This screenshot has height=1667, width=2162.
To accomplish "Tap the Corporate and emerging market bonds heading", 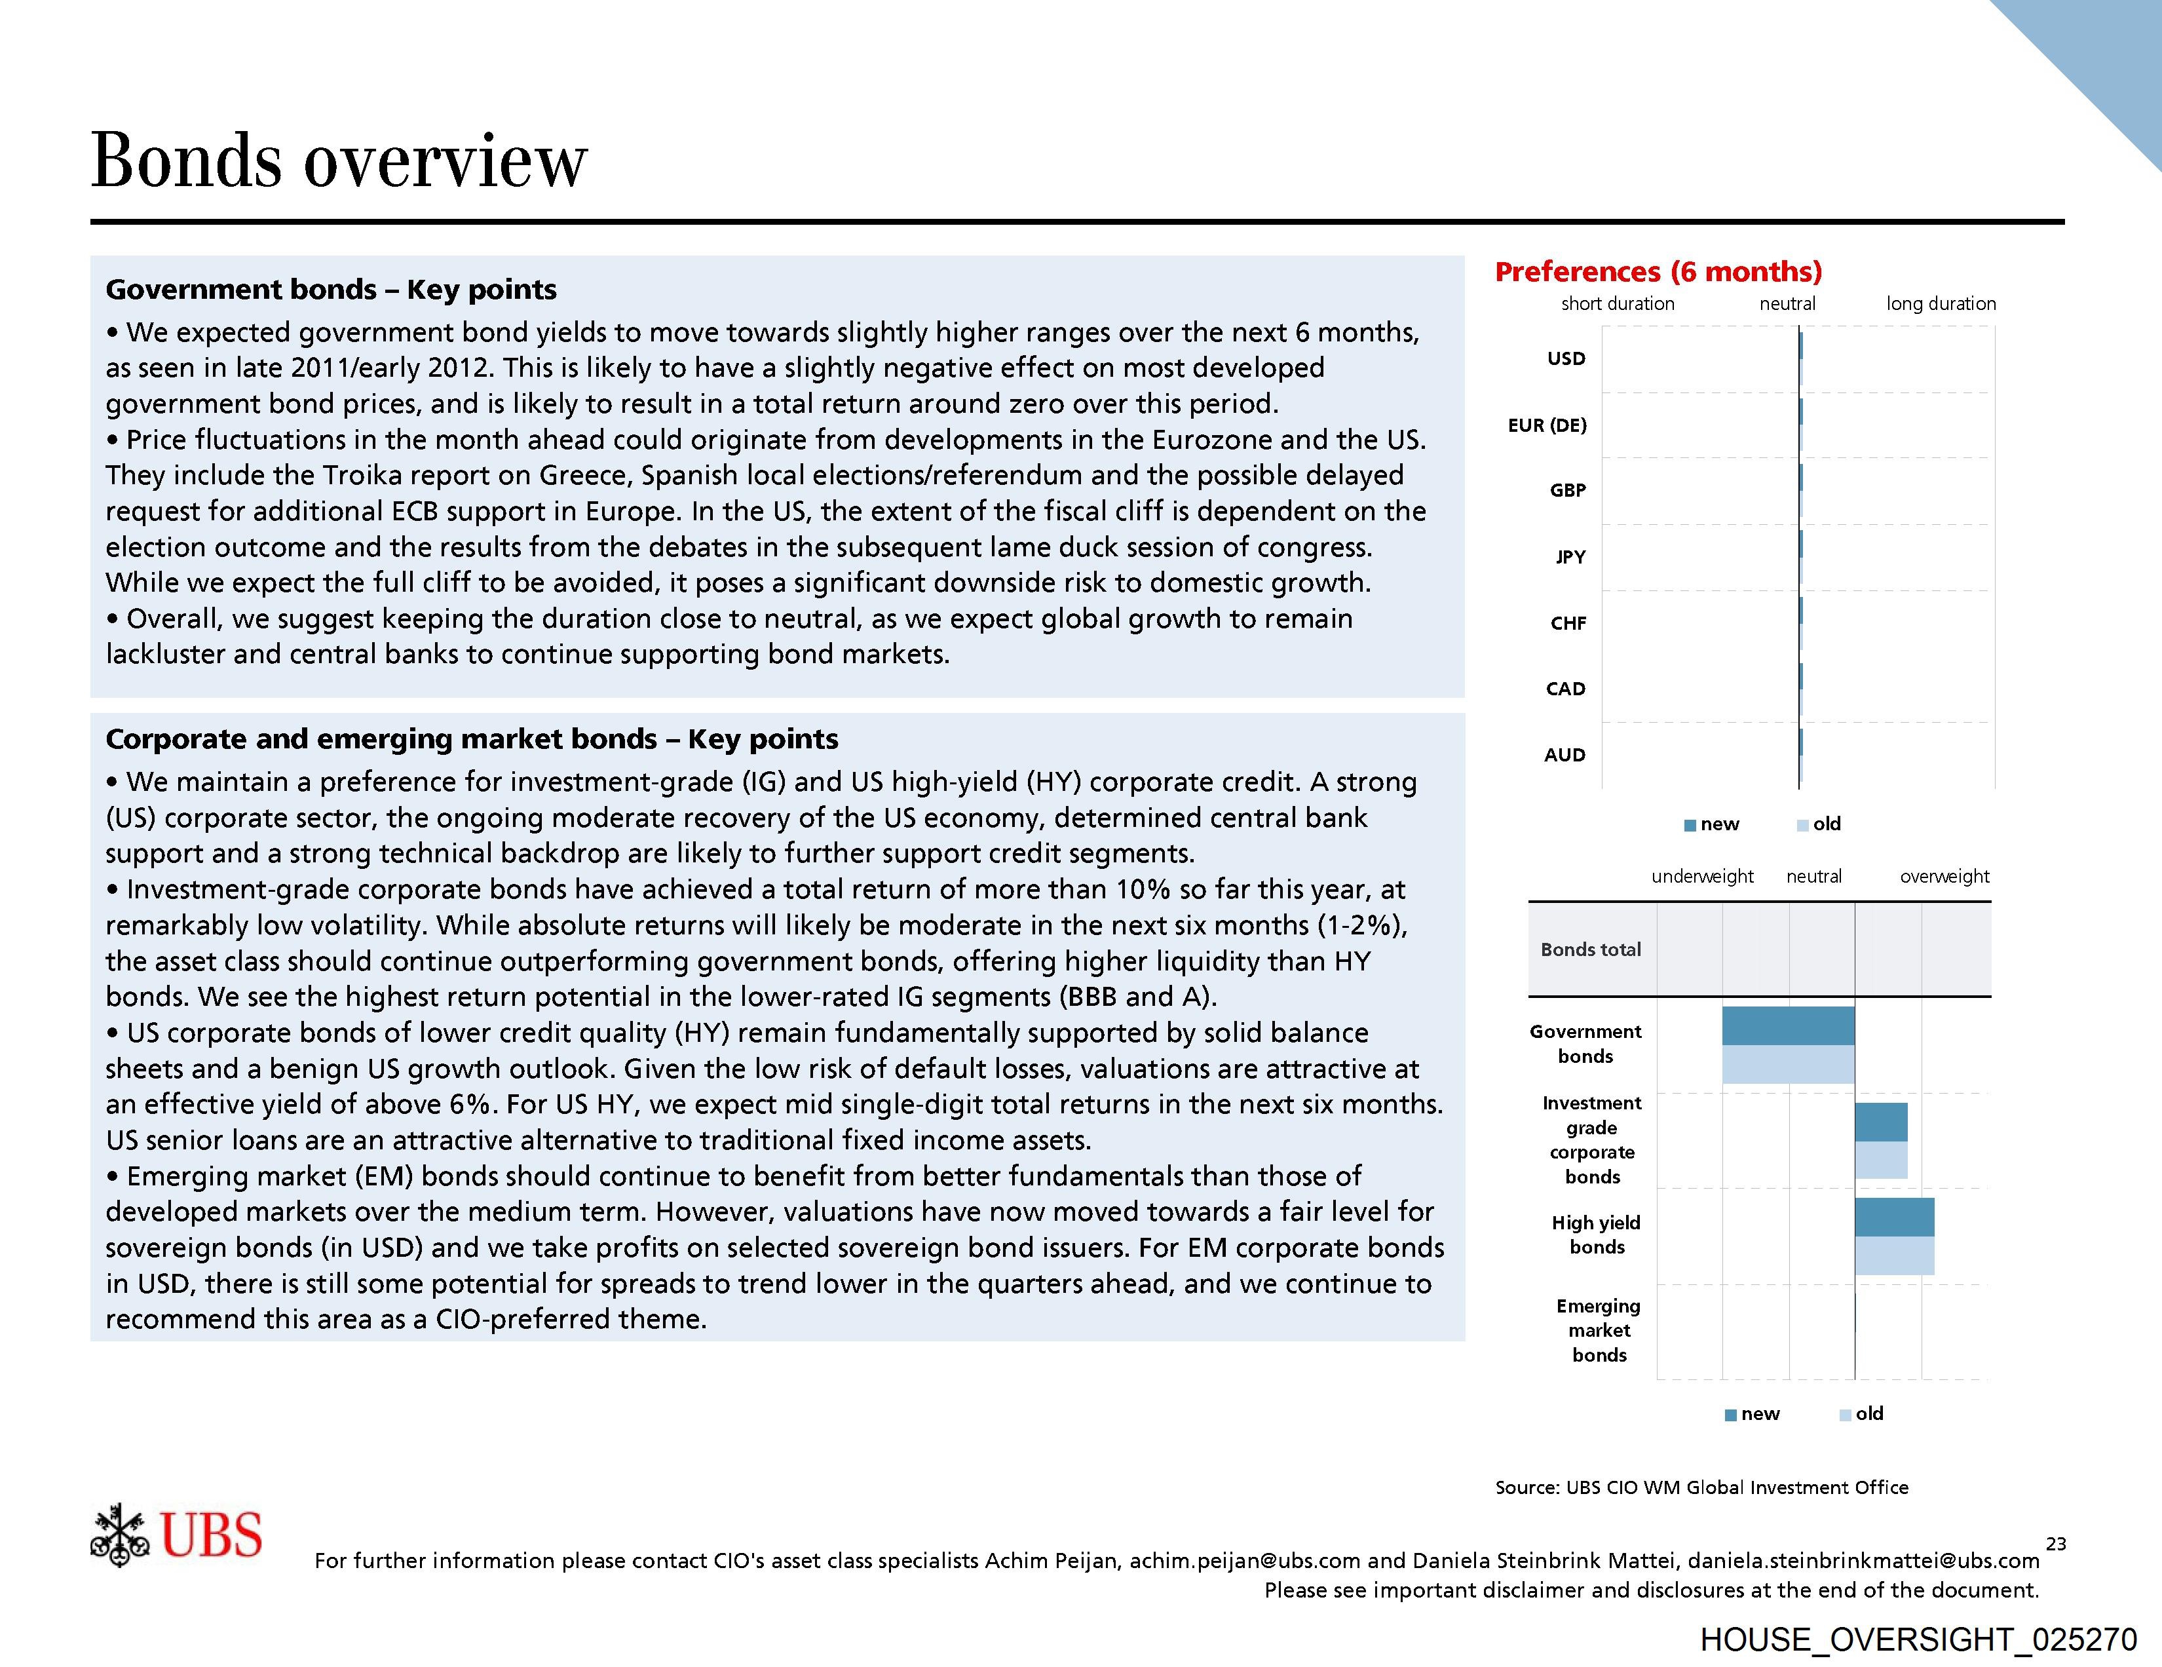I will click(x=471, y=738).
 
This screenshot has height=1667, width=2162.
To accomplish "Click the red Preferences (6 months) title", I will click(x=1658, y=271).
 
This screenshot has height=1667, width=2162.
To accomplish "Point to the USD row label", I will click(x=1566, y=358).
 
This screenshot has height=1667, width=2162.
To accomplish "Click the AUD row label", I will click(x=1564, y=754).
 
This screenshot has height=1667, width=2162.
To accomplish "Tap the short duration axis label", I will click(x=1618, y=304).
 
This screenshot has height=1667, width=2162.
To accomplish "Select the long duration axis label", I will click(x=1941, y=304).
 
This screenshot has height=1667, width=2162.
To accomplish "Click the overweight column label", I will click(x=1944, y=876).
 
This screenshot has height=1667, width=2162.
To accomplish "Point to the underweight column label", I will click(x=1701, y=876).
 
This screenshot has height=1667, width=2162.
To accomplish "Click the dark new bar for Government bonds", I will click(x=1788, y=1025).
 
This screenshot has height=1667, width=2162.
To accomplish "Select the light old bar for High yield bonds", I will click(x=1894, y=1255).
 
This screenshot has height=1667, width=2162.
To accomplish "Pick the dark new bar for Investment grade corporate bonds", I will click(x=1881, y=1122).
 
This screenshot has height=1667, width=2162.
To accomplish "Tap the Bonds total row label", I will click(x=1590, y=949).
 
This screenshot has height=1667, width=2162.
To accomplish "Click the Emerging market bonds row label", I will click(x=1599, y=1330).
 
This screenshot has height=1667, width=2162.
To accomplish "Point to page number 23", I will click(x=2056, y=1543).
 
